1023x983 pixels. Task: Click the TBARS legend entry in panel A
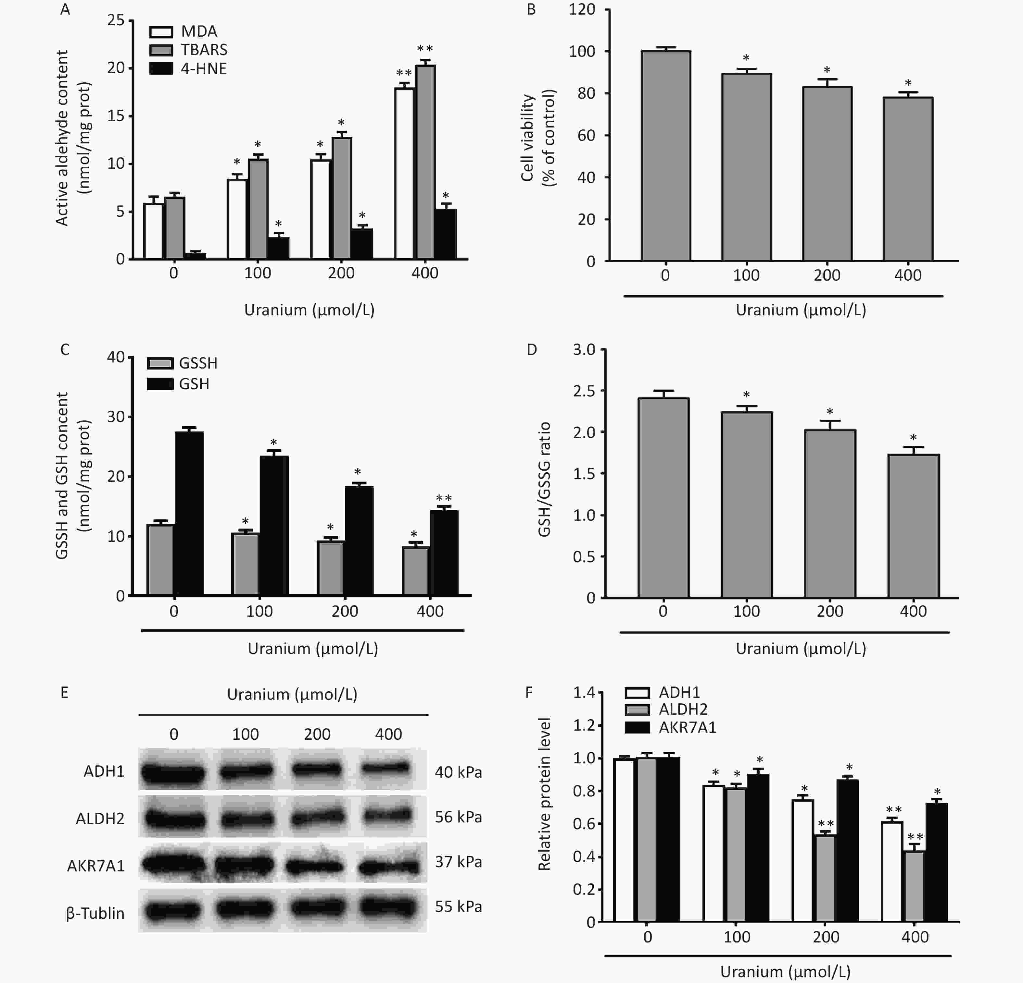tap(204, 50)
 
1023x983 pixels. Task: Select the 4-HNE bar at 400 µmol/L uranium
tap(445, 234)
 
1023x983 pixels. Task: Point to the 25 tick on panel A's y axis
tap(116, 20)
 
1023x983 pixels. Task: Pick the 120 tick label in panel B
tap(582, 9)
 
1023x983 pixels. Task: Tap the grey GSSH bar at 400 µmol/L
tap(415, 571)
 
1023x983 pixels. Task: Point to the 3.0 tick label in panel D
tap(584, 349)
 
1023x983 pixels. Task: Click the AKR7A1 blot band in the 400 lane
tap(389, 867)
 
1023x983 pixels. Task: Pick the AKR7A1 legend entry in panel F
tap(687, 727)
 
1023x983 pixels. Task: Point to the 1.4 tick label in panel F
tap(584, 693)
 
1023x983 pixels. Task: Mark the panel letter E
tap(64, 693)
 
